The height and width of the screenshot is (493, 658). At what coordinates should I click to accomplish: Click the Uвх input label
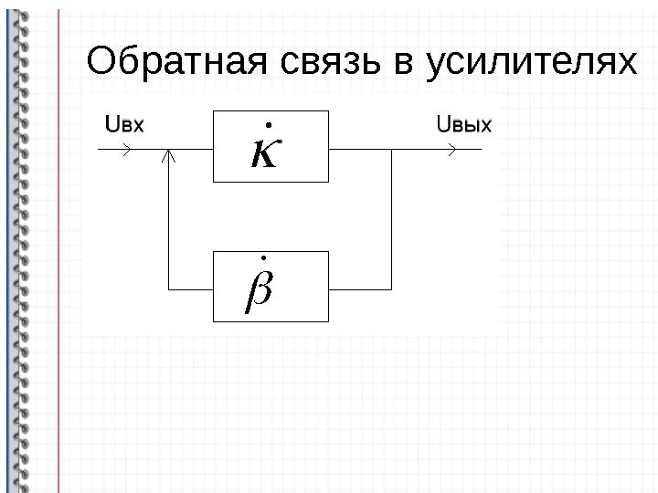(125, 125)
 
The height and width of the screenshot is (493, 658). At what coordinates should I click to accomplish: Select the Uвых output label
(465, 125)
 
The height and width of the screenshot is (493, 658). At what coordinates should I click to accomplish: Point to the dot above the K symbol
(269, 122)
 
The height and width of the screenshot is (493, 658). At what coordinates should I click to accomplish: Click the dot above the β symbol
(263, 262)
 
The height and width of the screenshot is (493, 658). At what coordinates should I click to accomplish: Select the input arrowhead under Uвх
(126, 152)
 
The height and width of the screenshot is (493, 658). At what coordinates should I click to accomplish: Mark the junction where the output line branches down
(391, 152)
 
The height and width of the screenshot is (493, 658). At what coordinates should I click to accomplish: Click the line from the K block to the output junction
(359, 152)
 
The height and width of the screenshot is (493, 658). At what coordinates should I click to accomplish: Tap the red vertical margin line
(58, 274)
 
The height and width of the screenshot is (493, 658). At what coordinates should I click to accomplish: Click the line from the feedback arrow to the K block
(191, 152)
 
